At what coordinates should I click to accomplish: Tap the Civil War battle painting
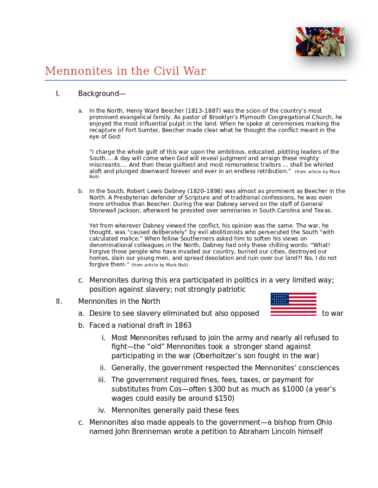320,42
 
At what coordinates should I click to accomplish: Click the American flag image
293,304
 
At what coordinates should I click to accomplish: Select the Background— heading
102,94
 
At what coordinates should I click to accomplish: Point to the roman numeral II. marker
59,301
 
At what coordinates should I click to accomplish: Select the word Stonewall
104,211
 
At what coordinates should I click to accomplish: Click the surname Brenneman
149,432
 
